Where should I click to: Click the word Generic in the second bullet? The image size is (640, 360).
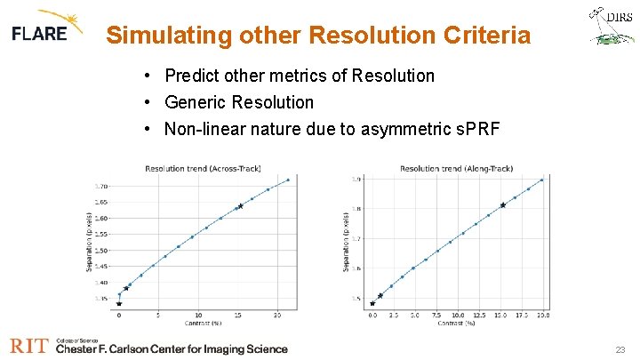[195, 102]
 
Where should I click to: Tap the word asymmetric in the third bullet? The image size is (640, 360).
[401, 130]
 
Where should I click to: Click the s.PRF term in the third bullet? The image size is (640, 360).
[476, 130]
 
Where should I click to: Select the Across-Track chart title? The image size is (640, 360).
[203, 168]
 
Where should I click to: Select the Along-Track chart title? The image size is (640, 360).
[456, 168]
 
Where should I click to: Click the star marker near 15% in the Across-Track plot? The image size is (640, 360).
[239, 206]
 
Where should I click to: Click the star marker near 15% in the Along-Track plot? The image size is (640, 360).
[503, 205]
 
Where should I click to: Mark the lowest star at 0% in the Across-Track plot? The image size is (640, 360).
[119, 304]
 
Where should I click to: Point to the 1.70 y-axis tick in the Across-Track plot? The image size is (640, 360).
[101, 187]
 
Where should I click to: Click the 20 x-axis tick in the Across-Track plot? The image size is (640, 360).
[277, 315]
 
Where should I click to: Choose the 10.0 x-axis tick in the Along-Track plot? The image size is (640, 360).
[457, 315]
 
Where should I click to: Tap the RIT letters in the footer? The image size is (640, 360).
[29, 347]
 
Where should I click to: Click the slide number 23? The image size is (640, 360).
[620, 350]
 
